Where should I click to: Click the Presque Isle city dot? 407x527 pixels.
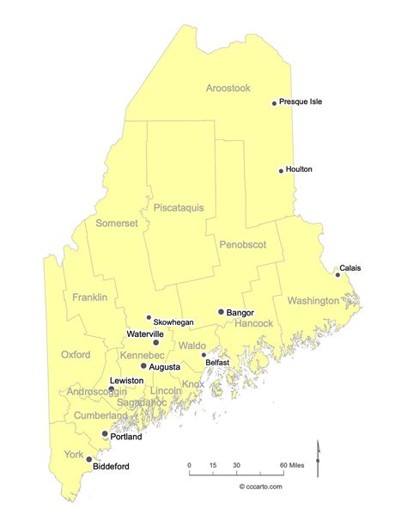pyautogui.click(x=275, y=103)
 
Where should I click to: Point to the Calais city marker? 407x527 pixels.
pyautogui.click(x=337, y=275)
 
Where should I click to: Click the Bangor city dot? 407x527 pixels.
pyautogui.click(x=221, y=312)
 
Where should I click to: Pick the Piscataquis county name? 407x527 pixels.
pyautogui.click(x=179, y=206)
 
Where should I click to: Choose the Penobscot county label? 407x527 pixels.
pyautogui.click(x=241, y=244)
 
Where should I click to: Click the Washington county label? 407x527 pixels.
pyautogui.click(x=313, y=301)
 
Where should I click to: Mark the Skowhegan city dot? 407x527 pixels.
pyautogui.click(x=149, y=316)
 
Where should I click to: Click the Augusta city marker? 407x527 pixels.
pyautogui.click(x=143, y=365)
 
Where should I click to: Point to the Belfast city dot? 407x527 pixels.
pyautogui.click(x=203, y=354)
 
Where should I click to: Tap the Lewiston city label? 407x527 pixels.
pyautogui.click(x=126, y=379)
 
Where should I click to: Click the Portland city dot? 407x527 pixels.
pyautogui.click(x=105, y=433)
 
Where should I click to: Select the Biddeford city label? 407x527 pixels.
pyautogui.click(x=111, y=466)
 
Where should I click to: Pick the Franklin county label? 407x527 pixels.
pyautogui.click(x=90, y=297)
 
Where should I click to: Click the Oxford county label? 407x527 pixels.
pyautogui.click(x=76, y=354)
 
